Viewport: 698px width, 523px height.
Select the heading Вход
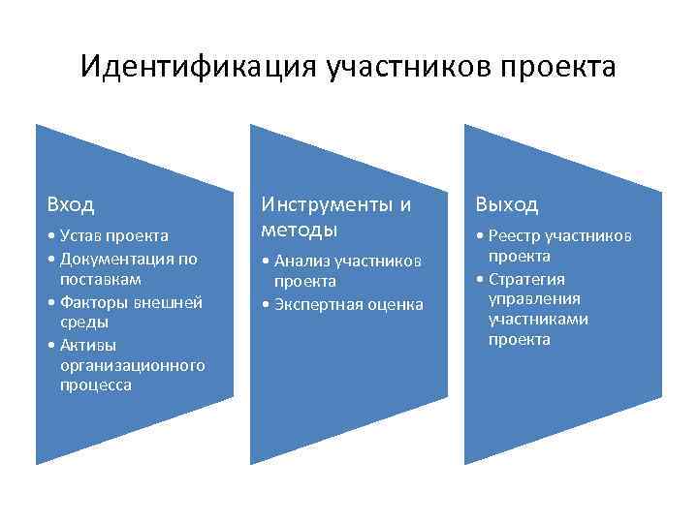[x=71, y=205]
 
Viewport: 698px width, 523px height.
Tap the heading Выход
[x=506, y=205]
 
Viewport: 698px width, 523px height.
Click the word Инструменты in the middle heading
[x=327, y=204]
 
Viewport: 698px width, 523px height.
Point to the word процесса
[x=94, y=385]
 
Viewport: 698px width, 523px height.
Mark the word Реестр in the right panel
[x=514, y=235]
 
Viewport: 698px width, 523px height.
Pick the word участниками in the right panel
[x=538, y=319]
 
